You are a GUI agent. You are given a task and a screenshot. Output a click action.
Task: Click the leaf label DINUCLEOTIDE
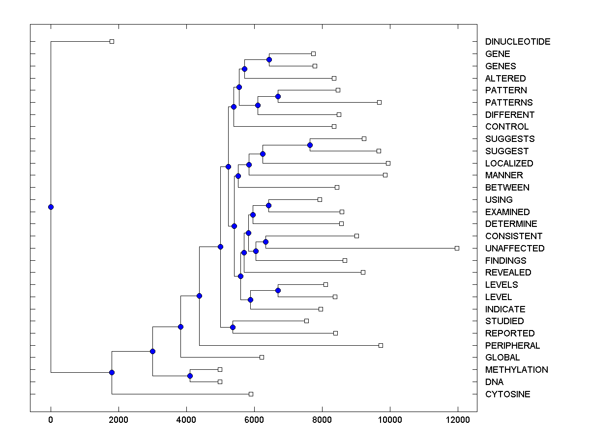(517, 42)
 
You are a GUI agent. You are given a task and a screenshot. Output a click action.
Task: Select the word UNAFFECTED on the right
(514, 249)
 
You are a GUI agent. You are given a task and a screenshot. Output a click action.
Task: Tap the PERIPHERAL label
(512, 346)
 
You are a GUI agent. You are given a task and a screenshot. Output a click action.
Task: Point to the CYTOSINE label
(507, 394)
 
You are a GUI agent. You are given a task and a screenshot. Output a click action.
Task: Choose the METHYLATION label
(516, 370)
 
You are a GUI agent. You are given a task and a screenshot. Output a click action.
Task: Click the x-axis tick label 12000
(458, 420)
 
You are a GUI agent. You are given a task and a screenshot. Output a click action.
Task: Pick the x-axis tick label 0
(51, 420)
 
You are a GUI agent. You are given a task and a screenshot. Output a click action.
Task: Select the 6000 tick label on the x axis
(254, 420)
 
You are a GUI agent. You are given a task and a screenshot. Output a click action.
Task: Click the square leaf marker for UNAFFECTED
(457, 248)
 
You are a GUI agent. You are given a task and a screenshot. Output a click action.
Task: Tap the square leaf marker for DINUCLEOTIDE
(112, 41)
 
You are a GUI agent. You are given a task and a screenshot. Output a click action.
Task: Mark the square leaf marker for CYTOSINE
(251, 394)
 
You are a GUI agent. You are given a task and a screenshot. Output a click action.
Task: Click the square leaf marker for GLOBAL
(262, 357)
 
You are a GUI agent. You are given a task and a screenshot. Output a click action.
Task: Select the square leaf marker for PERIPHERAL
(381, 345)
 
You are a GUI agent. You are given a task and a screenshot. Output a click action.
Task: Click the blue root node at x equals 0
(51, 207)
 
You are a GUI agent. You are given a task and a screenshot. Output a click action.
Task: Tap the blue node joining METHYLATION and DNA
(190, 376)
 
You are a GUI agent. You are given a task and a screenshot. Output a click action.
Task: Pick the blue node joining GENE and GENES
(269, 59)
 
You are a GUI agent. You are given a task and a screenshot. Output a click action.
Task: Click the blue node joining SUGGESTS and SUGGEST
(310, 145)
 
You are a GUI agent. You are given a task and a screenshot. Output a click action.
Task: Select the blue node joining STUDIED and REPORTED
(233, 327)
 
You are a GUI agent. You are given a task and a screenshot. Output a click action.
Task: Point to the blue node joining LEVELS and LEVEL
(278, 290)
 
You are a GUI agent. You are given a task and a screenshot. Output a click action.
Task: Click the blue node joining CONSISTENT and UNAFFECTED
(265, 242)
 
